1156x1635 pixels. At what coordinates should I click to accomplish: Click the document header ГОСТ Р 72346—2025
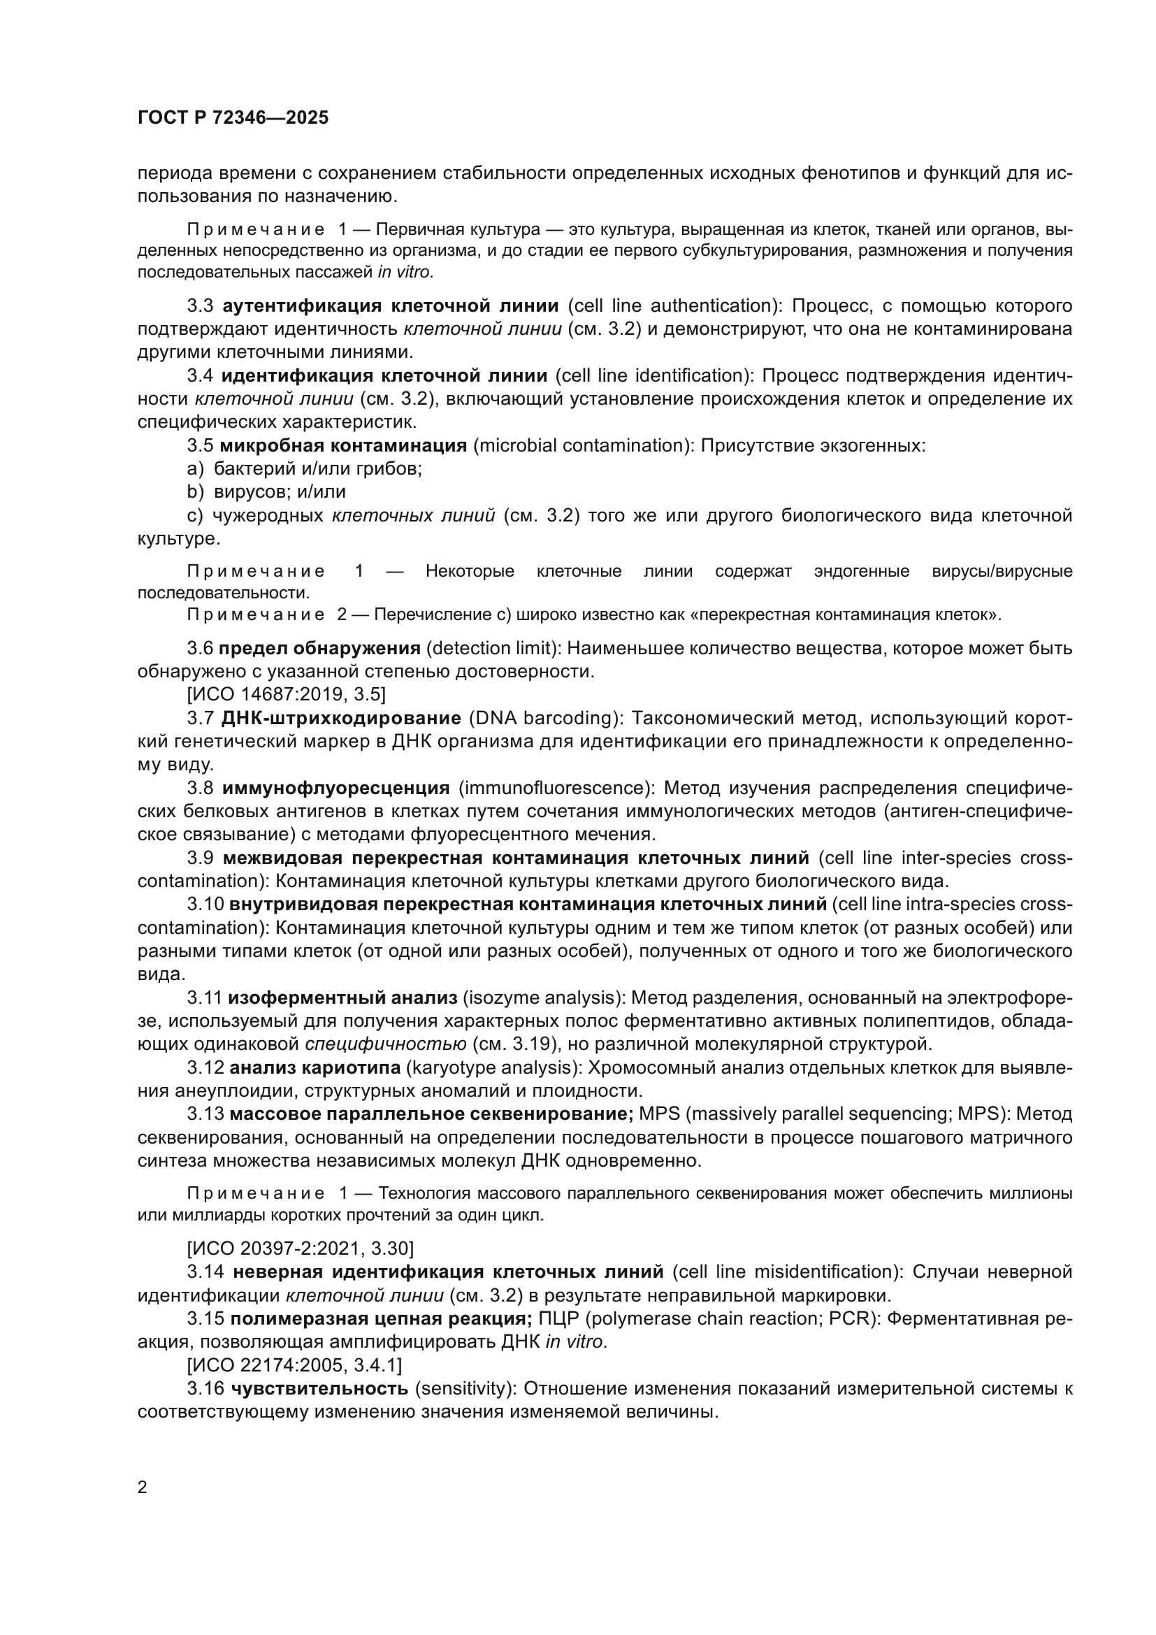point(233,118)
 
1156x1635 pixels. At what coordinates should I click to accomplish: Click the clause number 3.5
point(200,446)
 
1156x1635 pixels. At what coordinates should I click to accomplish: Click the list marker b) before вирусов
point(195,491)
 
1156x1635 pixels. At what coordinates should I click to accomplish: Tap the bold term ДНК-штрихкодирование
point(342,717)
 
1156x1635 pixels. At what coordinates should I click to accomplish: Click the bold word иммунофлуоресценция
point(336,788)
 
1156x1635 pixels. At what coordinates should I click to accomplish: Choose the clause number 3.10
point(205,904)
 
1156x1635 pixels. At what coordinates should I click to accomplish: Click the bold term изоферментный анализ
point(342,997)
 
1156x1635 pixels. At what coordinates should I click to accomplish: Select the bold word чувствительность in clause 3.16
point(319,1388)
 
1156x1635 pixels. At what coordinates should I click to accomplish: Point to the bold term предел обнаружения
point(319,648)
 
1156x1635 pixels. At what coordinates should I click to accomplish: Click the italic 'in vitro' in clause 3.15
point(575,1341)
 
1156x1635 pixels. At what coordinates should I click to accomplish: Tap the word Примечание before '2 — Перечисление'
point(257,614)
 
